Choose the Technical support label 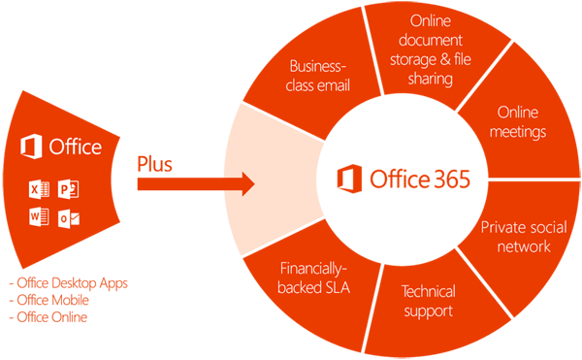(427, 301)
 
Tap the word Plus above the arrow (154, 164)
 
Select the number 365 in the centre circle (443, 180)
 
